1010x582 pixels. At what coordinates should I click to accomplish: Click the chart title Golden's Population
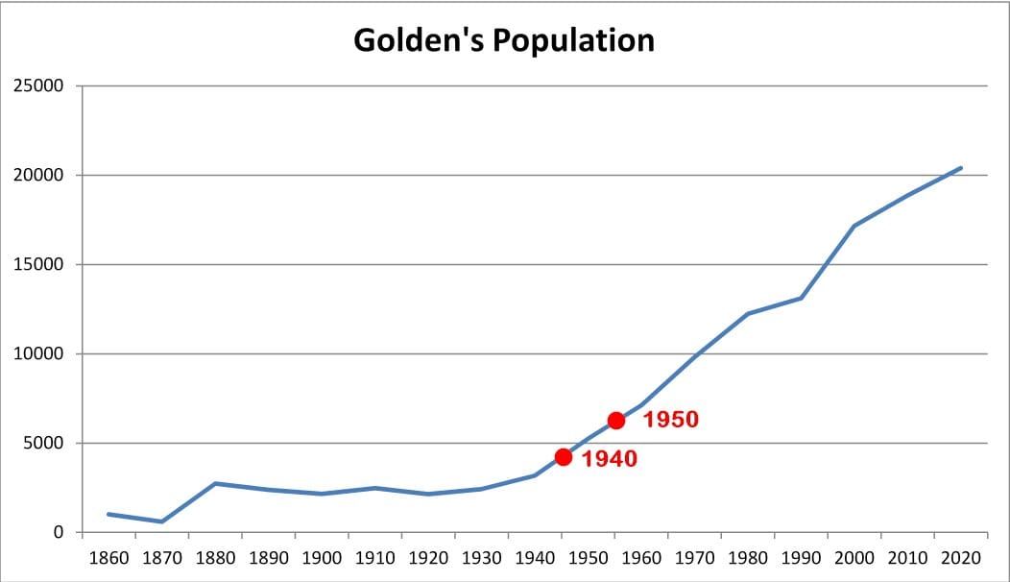[504, 40]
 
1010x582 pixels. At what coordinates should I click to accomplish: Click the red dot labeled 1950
[615, 421]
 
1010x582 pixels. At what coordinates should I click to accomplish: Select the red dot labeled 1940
[563, 457]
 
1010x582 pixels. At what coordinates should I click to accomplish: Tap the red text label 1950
[670, 420]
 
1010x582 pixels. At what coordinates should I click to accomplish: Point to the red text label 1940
[610, 459]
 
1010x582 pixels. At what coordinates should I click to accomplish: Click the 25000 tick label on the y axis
[38, 85]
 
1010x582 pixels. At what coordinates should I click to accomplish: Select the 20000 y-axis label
[38, 176]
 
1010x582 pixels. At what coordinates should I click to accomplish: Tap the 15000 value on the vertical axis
[38, 264]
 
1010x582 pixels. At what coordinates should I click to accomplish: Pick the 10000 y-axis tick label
[38, 353]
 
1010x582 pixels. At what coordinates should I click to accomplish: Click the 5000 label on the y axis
[44, 444]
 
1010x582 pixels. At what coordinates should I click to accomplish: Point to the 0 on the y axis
[59, 532]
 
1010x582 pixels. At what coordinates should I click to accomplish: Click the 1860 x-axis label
[108, 558]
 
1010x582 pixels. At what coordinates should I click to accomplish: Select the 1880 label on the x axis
[215, 558]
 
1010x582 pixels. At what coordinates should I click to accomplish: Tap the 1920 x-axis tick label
[428, 558]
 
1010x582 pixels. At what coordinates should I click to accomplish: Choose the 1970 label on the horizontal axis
[694, 558]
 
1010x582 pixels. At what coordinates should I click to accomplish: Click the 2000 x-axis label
[854, 558]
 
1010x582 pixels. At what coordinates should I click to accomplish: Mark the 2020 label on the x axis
[960, 558]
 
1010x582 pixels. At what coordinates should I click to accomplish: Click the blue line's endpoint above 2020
[961, 168]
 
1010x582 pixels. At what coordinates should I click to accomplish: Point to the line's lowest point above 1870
[161, 521]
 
